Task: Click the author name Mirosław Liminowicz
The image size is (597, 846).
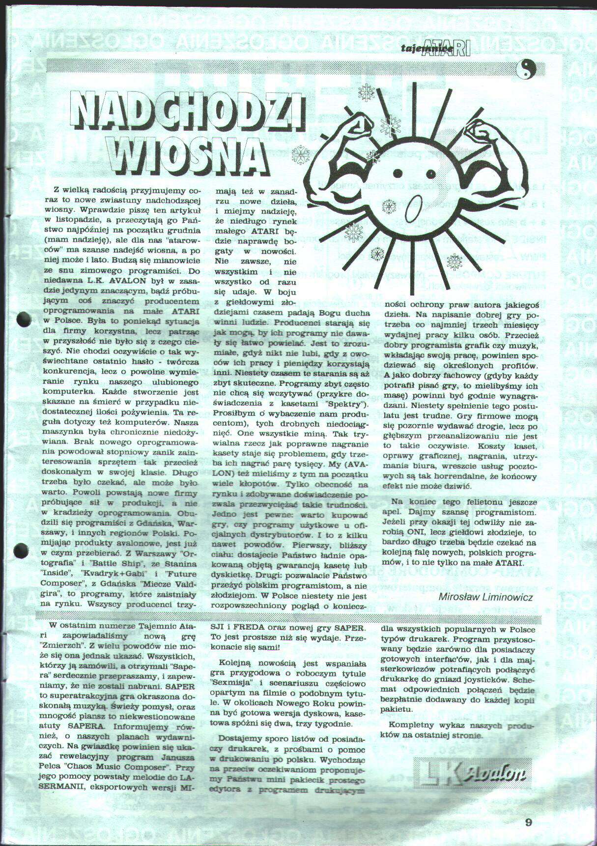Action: point(485,597)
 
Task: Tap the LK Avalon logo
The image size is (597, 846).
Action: point(472,774)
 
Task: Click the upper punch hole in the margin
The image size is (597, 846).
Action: point(24,319)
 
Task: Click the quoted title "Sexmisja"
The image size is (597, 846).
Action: point(235,683)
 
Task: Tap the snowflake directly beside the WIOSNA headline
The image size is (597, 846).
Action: point(301,154)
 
